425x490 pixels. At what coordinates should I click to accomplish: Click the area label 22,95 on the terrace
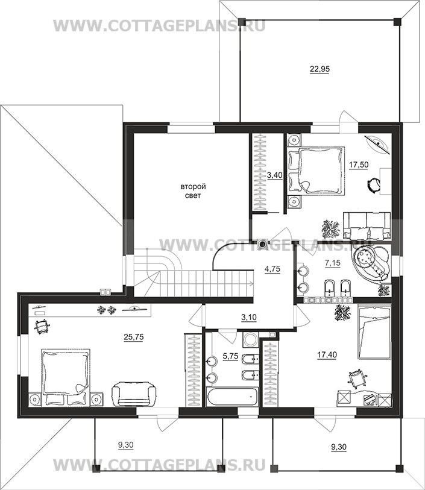click(320, 69)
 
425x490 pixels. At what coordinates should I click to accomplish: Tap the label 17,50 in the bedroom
click(359, 165)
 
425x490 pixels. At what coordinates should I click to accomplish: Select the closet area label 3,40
click(275, 175)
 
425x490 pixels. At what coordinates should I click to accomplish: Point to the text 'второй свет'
click(193, 191)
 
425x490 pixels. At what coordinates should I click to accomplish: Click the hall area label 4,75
click(272, 269)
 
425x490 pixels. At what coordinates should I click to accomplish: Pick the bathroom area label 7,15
click(333, 263)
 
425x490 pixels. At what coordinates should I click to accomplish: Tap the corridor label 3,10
click(249, 318)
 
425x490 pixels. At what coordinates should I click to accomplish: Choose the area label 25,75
click(134, 337)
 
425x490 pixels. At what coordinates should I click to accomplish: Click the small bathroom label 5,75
click(230, 356)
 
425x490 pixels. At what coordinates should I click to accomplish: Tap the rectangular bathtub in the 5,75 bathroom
click(232, 397)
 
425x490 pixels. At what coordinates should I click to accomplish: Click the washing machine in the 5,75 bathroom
click(250, 339)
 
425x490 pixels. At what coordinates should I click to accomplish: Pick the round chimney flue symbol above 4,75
click(262, 242)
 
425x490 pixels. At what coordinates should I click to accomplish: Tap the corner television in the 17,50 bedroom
click(379, 144)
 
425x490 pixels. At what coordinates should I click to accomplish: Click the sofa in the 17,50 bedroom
click(367, 225)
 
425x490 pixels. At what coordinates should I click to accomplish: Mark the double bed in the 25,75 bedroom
click(66, 377)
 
